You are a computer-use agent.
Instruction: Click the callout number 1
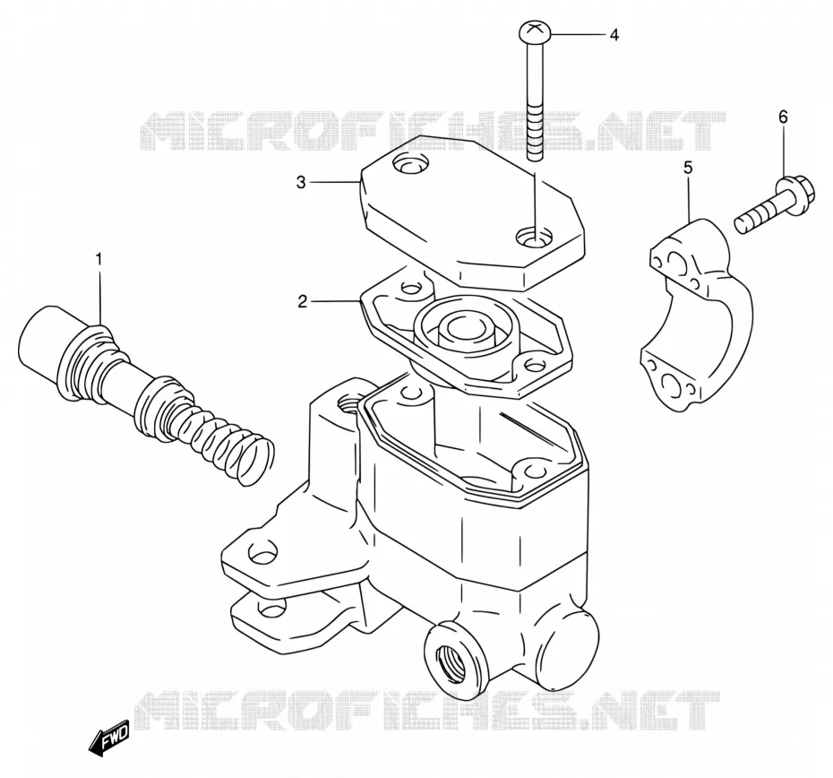point(99,260)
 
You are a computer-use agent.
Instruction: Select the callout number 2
point(302,302)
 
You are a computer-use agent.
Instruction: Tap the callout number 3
point(301,183)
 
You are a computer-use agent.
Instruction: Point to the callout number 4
point(614,35)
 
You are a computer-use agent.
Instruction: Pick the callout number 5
point(688,169)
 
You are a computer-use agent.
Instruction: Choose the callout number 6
point(784,117)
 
